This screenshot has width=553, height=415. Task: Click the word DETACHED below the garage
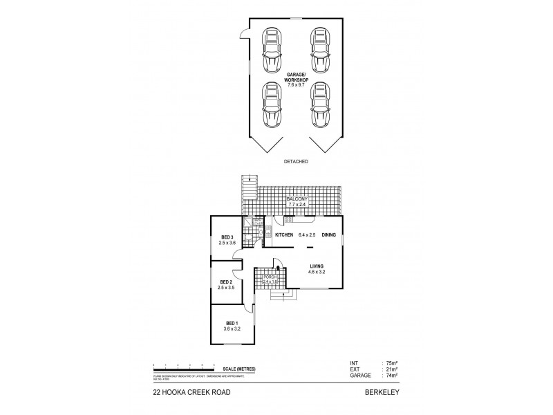[295, 161]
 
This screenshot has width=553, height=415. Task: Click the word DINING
[328, 235]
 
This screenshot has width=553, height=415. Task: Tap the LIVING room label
[317, 266]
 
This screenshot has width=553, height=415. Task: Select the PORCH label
[270, 277]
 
